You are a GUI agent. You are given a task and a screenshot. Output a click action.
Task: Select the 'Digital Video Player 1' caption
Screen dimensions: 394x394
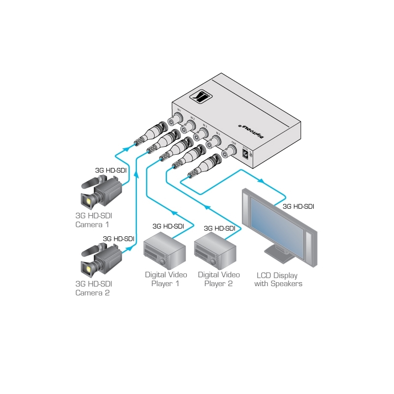pos(165,279)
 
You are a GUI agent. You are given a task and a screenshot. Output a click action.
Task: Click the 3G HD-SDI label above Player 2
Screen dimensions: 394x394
pos(219,228)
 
